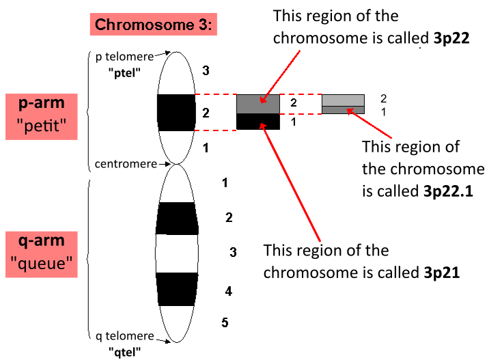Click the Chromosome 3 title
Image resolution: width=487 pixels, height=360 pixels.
(x=154, y=25)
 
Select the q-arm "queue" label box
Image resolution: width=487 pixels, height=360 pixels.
(x=42, y=253)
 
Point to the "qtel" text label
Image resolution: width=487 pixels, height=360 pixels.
(x=125, y=350)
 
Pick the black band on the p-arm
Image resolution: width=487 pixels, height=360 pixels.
(x=176, y=112)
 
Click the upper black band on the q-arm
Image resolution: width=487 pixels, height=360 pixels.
(x=177, y=219)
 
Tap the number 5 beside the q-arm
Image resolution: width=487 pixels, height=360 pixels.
(x=225, y=322)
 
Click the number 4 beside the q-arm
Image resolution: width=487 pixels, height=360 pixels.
(x=229, y=292)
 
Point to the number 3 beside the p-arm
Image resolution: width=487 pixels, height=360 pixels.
(x=206, y=70)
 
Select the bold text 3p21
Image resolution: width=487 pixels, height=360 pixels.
(x=441, y=272)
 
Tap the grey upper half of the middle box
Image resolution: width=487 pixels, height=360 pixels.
(x=258, y=104)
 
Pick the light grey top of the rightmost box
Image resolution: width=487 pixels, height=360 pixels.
(x=344, y=100)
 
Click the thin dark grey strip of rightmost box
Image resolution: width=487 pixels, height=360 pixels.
(x=344, y=110)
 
